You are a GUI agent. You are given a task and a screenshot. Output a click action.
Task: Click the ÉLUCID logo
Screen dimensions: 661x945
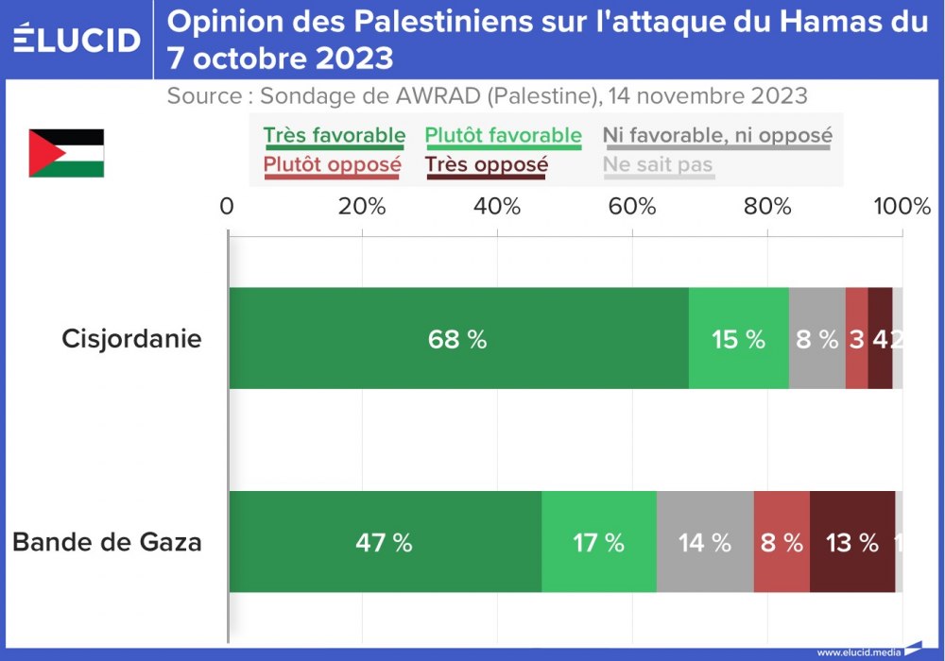pyautogui.click(x=77, y=39)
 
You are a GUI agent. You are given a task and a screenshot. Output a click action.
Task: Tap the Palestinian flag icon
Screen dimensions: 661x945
pyautogui.click(x=66, y=153)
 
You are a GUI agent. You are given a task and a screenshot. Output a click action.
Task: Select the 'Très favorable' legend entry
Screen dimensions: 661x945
pyautogui.click(x=334, y=136)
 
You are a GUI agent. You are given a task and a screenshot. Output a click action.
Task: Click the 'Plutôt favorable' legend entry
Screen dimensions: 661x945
pyautogui.click(x=503, y=136)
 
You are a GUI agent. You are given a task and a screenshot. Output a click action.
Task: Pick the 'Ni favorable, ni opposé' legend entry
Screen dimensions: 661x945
pyautogui.click(x=717, y=136)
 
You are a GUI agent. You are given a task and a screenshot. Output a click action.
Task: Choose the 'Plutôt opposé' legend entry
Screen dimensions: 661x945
pyautogui.click(x=332, y=165)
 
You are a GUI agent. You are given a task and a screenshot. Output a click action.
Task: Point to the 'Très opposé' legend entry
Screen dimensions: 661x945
pyautogui.click(x=486, y=165)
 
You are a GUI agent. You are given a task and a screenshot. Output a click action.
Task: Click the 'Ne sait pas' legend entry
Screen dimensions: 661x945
pyautogui.click(x=658, y=165)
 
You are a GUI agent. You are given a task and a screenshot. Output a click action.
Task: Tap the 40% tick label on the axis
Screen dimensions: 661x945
pyautogui.click(x=497, y=207)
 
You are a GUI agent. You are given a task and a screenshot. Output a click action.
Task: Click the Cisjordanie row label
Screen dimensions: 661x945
pyautogui.click(x=131, y=339)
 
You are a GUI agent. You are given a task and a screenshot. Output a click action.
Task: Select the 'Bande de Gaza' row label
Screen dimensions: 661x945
pyautogui.click(x=107, y=543)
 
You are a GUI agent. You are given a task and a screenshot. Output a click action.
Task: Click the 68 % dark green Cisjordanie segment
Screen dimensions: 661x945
pyautogui.click(x=458, y=339)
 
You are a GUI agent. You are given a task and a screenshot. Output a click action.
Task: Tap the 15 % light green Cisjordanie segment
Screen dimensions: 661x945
pyautogui.click(x=738, y=339)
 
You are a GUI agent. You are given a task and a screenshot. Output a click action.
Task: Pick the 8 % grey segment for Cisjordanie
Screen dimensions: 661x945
pyautogui.click(x=816, y=339)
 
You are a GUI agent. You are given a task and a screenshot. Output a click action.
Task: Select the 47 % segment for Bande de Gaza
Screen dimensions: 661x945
pyautogui.click(x=385, y=543)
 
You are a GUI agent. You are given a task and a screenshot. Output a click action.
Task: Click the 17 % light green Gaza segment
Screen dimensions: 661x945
pyautogui.click(x=598, y=543)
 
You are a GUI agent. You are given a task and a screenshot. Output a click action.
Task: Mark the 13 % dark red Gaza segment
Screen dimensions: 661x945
pyautogui.click(x=851, y=543)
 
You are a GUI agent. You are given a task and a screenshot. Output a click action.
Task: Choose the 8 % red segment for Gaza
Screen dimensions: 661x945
pyautogui.click(x=782, y=543)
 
